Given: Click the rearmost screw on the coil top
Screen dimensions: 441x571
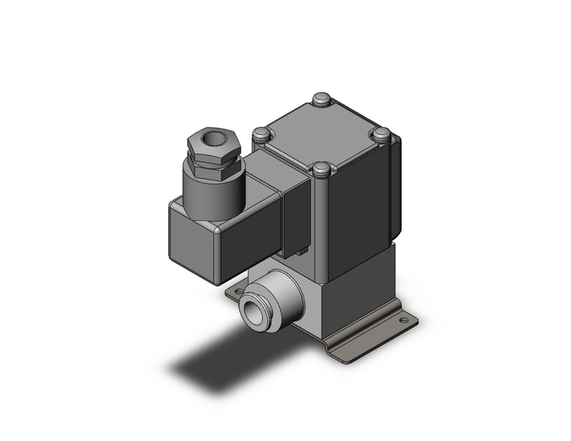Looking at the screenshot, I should pyautogui.click(x=322, y=98).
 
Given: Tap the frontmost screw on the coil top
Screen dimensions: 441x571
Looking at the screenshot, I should pyautogui.click(x=322, y=169).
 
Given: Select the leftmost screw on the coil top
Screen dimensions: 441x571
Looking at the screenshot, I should pyautogui.click(x=261, y=134).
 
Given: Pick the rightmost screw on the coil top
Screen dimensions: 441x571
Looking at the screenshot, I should pyautogui.click(x=382, y=135).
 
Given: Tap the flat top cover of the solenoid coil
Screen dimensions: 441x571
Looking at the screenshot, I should pyautogui.click(x=322, y=133).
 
